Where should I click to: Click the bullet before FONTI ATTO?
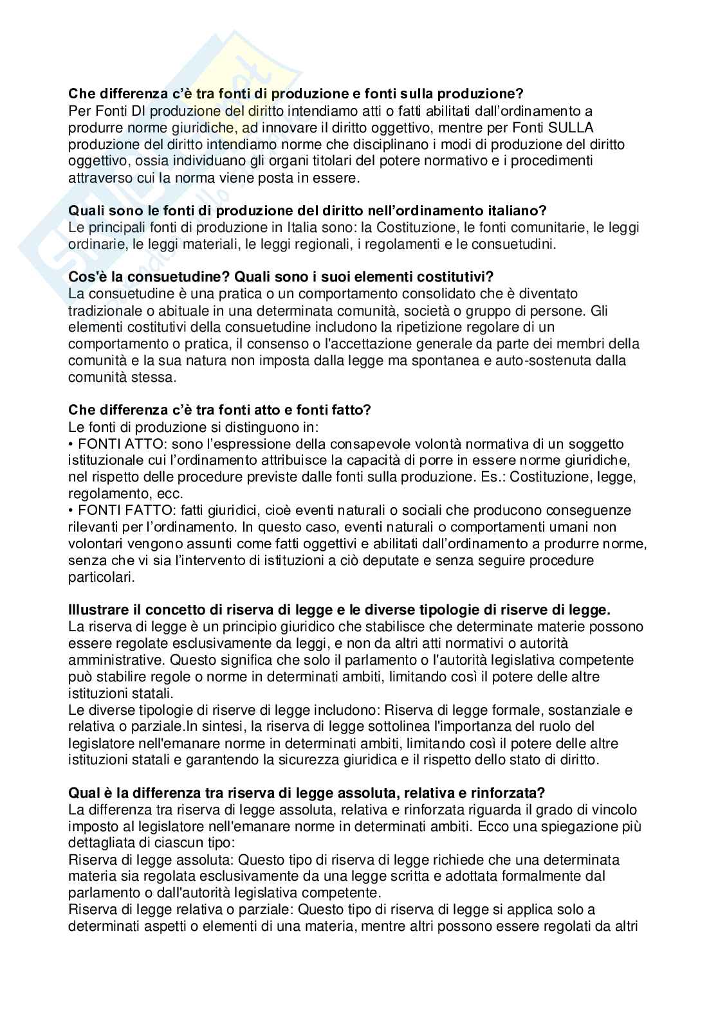(71, 444)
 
